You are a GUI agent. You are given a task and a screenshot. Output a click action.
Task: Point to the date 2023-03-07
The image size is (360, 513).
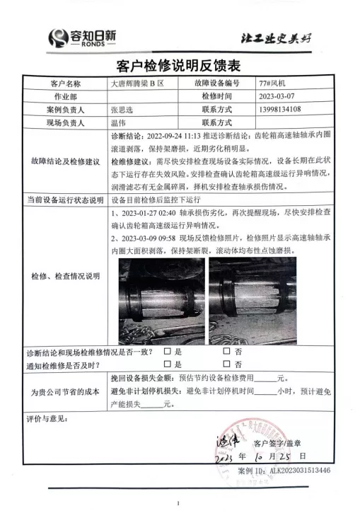click(281, 96)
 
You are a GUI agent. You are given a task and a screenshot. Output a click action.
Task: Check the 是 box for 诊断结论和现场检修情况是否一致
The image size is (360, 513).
click(168, 351)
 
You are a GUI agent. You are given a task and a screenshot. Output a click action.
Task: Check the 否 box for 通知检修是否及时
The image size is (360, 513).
click(226, 365)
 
